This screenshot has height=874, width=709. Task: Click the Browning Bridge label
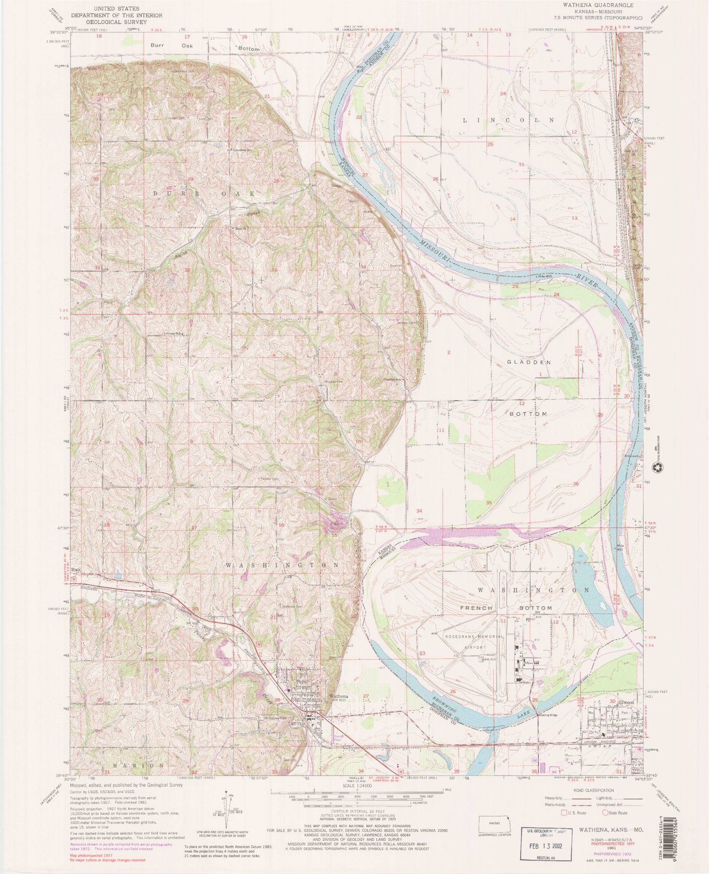tap(548, 715)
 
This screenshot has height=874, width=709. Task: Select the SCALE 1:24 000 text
tap(357, 785)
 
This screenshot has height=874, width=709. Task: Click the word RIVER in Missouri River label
tap(585, 280)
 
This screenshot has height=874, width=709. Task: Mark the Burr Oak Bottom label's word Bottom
tap(249, 49)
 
